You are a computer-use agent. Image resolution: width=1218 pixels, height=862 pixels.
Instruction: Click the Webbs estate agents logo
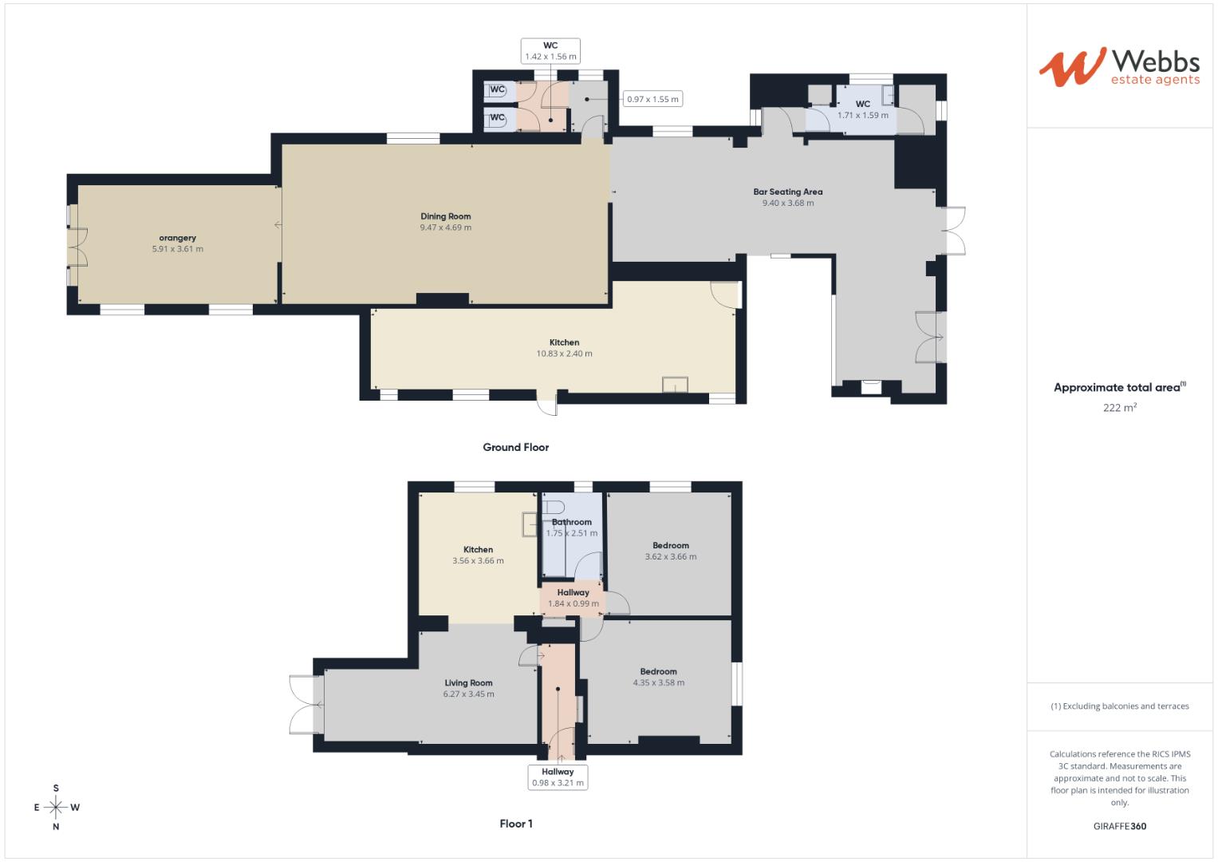(x=1118, y=67)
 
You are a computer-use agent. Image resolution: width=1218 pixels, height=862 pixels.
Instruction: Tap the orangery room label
(x=177, y=238)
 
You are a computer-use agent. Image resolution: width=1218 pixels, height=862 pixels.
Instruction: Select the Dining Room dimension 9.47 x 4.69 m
(x=446, y=227)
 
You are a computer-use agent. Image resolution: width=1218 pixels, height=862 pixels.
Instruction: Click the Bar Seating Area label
(x=787, y=192)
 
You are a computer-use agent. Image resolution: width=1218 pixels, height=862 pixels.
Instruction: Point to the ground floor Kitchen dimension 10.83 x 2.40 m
(x=564, y=354)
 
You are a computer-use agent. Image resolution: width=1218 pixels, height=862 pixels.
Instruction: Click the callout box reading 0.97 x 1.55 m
(x=652, y=99)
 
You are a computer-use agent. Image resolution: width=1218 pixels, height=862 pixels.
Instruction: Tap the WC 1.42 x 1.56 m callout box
(x=550, y=51)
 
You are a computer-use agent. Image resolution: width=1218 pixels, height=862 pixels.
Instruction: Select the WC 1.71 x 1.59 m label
(x=862, y=110)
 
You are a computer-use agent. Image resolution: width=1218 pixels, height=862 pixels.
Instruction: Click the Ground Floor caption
(x=515, y=448)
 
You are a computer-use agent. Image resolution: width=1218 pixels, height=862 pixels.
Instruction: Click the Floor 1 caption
(x=515, y=824)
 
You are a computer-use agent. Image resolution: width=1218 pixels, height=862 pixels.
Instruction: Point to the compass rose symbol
(x=56, y=807)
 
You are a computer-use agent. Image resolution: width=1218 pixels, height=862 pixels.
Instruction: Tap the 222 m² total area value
(x=1119, y=407)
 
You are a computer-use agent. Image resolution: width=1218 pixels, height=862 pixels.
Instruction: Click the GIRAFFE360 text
(x=1119, y=826)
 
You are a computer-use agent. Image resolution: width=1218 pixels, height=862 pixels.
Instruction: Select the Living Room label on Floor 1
(x=468, y=683)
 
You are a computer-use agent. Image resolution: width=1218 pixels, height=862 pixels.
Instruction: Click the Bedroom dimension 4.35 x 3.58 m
(x=658, y=683)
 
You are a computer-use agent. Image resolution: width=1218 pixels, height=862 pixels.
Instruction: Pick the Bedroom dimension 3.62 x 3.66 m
(x=670, y=557)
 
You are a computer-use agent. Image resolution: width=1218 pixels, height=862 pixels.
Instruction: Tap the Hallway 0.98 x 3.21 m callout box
(x=558, y=777)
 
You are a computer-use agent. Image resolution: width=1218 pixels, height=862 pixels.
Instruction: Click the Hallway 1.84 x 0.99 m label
(x=573, y=598)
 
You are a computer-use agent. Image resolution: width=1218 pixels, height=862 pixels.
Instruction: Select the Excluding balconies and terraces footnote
(x=1119, y=706)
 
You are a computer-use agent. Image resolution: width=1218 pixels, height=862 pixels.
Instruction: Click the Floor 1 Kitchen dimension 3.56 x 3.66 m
(x=478, y=561)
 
